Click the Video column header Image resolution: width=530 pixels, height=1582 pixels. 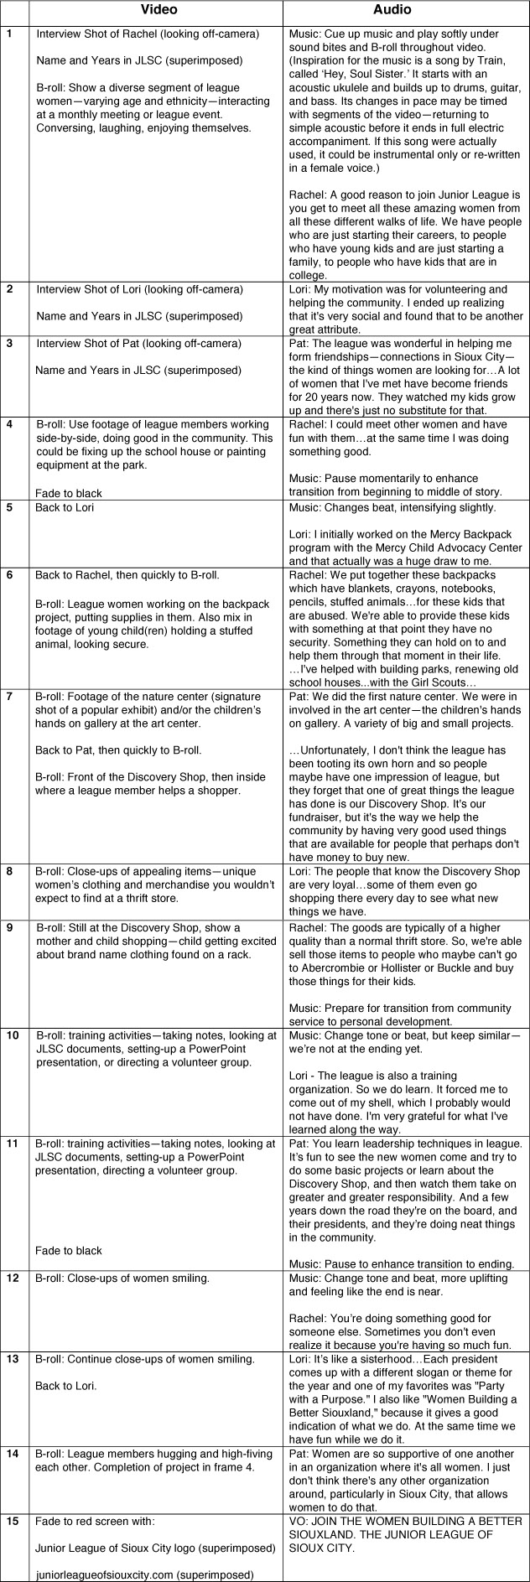(x=156, y=10)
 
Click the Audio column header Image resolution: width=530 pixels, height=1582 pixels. (x=406, y=10)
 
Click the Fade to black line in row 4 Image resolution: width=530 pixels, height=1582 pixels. (x=69, y=493)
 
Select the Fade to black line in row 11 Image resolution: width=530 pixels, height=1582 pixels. (x=69, y=1250)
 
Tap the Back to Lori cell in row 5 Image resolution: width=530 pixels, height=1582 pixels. (x=65, y=507)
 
